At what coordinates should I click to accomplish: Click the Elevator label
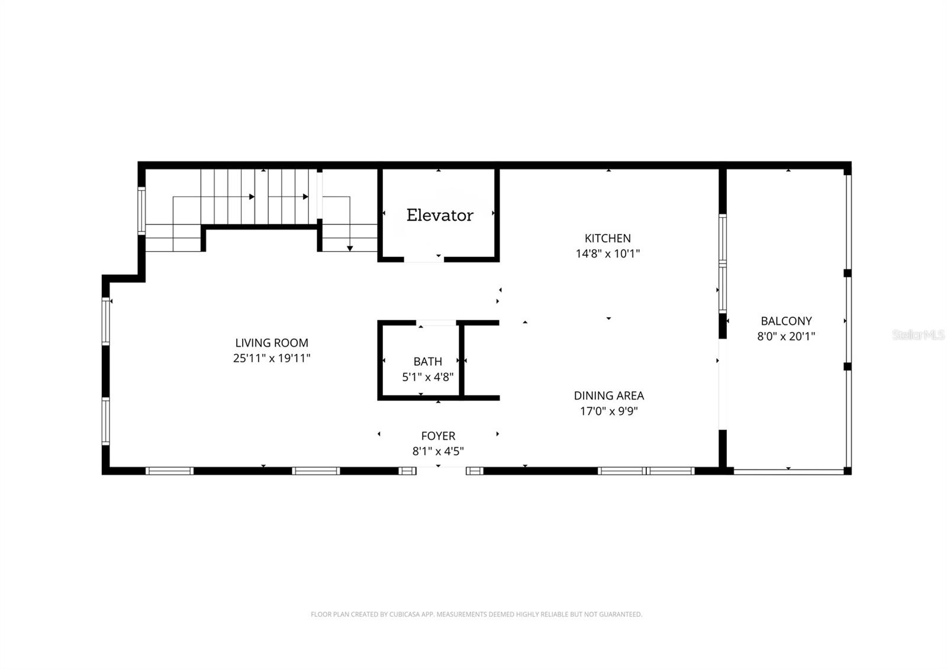(x=439, y=215)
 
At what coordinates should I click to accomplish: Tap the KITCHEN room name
(x=607, y=238)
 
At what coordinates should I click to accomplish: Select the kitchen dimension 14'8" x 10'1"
(x=607, y=254)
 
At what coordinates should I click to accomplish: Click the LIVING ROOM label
(x=272, y=343)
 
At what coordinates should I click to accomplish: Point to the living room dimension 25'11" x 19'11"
(x=272, y=358)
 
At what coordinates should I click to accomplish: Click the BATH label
(x=427, y=361)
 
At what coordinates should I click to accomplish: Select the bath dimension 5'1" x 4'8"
(x=427, y=377)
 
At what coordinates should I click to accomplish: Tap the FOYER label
(x=438, y=436)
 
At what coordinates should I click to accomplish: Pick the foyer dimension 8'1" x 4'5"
(x=438, y=452)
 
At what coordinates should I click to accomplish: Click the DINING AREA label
(x=608, y=395)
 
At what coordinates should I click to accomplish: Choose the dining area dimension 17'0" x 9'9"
(x=608, y=411)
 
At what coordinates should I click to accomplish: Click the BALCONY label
(x=786, y=321)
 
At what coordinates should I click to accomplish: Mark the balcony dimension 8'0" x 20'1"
(x=786, y=337)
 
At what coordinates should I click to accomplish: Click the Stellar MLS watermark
(x=918, y=335)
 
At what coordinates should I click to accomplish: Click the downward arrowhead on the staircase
(x=350, y=248)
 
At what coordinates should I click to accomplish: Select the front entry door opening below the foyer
(x=441, y=471)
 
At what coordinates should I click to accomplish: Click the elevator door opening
(x=424, y=259)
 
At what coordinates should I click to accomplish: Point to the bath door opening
(x=436, y=323)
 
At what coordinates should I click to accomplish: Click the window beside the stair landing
(x=141, y=210)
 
